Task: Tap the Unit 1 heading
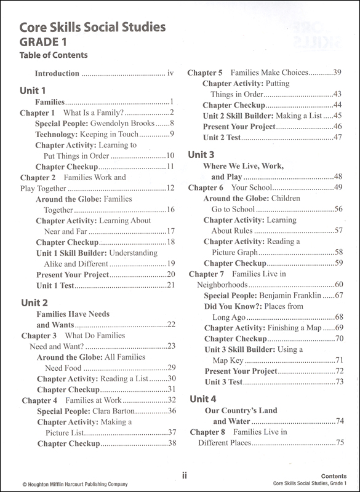tap(34, 90)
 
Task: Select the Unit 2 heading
tap(34, 302)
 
